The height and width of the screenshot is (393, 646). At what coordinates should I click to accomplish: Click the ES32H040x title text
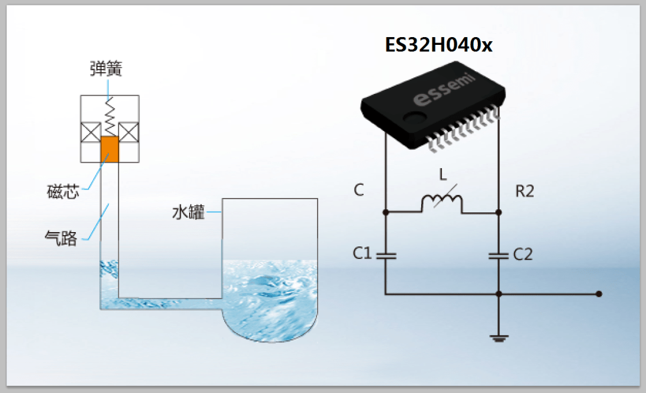(438, 44)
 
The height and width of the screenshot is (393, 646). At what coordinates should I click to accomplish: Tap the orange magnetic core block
(109, 150)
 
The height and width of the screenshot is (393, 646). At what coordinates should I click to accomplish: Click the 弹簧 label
(106, 68)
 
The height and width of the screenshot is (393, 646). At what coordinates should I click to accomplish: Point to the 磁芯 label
(63, 191)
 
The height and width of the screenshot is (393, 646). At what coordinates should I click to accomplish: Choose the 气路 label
(61, 238)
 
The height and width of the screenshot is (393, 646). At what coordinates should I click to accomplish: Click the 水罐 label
(188, 212)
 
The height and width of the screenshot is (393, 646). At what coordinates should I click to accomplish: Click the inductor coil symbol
(441, 202)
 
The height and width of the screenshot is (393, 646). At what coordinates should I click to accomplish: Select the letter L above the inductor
(443, 175)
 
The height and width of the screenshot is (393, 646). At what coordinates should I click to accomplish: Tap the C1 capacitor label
(362, 253)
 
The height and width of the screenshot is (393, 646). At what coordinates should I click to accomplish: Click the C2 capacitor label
(523, 255)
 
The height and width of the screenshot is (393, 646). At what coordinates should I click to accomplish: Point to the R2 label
(525, 191)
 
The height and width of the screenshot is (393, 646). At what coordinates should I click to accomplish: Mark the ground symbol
(499, 339)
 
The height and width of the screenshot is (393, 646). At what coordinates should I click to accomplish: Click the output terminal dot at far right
(599, 294)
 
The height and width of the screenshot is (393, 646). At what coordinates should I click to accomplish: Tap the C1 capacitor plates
(386, 256)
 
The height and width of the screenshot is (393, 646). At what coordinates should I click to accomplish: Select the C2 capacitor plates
(498, 256)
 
